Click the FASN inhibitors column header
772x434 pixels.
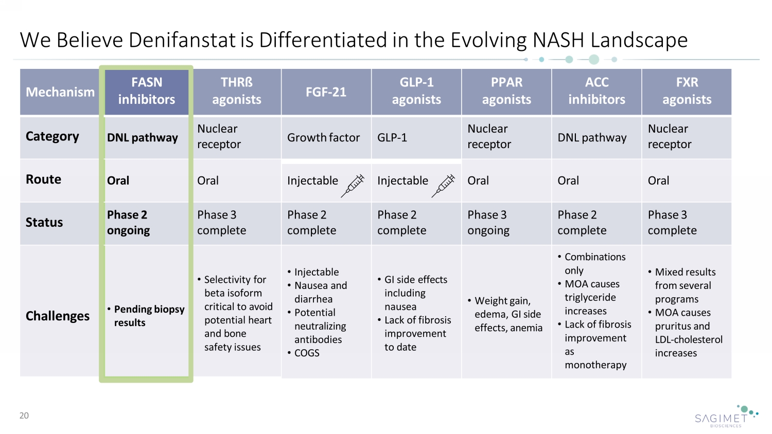pos(147,92)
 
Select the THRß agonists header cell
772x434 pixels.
pos(237,92)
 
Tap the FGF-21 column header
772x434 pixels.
pos(326,92)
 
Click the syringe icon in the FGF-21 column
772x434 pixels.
pos(353,186)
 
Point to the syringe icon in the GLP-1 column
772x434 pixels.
pos(443,186)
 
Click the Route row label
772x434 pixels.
pos(43,179)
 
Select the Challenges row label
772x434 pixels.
pos(58,316)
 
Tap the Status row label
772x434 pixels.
pos(44,222)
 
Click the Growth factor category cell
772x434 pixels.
pos(323,137)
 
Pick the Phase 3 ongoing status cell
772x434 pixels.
pos(488,223)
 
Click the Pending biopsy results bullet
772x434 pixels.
pos(146,316)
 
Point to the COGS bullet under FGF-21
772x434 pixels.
pos(304,353)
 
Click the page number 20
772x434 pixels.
pos(24,415)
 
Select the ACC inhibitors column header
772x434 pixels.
pos(596,92)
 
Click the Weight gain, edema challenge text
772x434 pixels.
pos(505,314)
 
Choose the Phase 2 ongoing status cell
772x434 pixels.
pos(129,223)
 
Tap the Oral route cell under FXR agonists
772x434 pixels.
pos(658,180)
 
